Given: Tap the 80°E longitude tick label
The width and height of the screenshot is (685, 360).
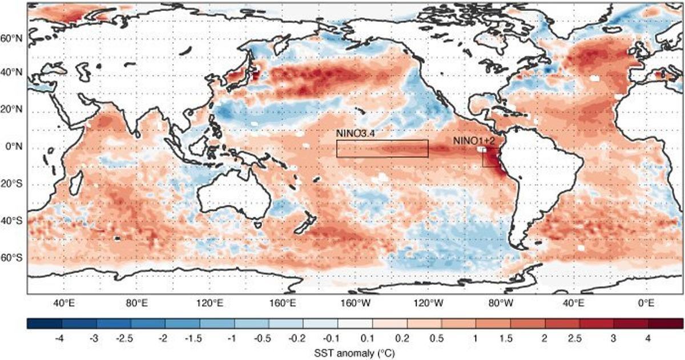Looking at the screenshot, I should pyautogui.click(x=136, y=302).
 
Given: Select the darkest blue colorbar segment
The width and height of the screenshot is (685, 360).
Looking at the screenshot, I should pyautogui.click(x=44, y=323).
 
